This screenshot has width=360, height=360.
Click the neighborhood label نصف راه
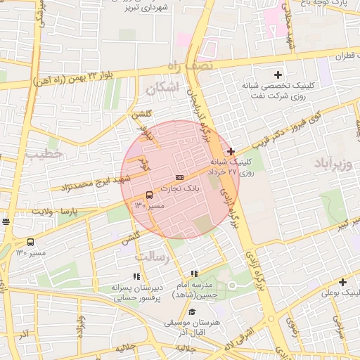[x=188, y=65]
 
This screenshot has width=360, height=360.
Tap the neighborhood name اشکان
[x=163, y=88]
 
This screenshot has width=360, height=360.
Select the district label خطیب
[x=44, y=153]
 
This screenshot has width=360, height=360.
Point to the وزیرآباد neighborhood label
[x=339, y=166]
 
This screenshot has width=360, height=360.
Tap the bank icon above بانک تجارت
[x=179, y=177]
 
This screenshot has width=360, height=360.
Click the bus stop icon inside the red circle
[x=149, y=195]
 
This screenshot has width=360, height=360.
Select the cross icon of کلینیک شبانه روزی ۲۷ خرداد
[x=231, y=151]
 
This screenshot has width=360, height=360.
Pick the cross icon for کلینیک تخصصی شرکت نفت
[x=278, y=75]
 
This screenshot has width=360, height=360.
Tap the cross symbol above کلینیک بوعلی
[x=342, y=282]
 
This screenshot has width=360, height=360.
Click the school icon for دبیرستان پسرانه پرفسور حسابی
[x=136, y=276]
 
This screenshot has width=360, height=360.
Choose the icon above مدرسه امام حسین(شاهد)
[x=194, y=274]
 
